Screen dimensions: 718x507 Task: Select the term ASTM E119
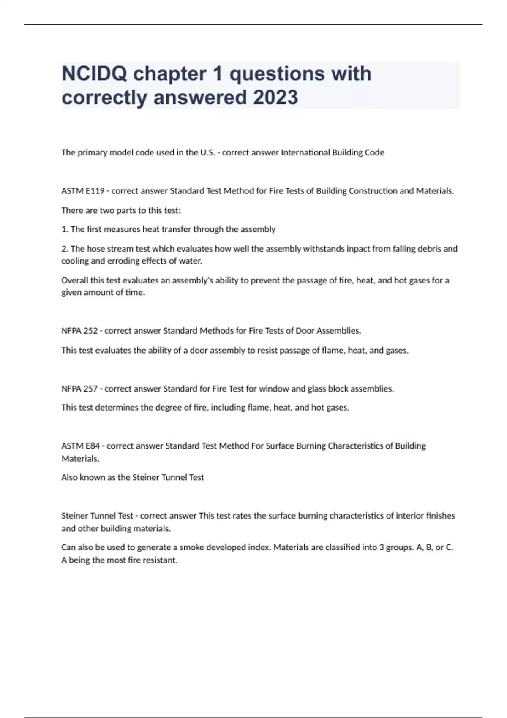click(83, 191)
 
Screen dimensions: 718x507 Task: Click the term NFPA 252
click(79, 331)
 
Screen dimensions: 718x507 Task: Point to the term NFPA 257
click(79, 389)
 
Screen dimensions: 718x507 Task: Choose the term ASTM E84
click(81, 446)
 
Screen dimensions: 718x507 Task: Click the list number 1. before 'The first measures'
click(65, 229)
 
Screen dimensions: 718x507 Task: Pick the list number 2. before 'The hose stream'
click(65, 249)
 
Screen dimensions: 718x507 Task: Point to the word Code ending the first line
click(375, 152)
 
